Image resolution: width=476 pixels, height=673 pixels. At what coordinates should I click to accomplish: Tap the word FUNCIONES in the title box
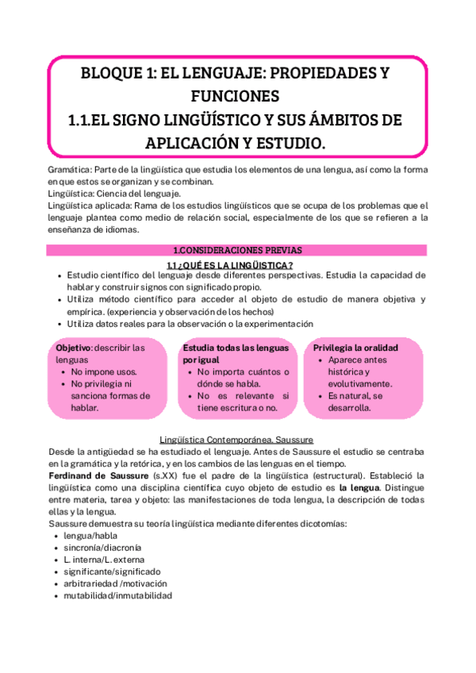(x=236, y=97)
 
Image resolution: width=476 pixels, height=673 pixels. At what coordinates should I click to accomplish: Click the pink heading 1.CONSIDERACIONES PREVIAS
(x=237, y=250)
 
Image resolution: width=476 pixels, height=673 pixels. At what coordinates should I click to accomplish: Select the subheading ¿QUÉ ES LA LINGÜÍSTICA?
(x=236, y=264)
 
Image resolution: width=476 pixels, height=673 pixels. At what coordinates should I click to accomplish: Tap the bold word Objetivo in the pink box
(x=73, y=348)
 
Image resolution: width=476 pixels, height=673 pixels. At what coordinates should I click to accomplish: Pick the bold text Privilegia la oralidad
(x=355, y=348)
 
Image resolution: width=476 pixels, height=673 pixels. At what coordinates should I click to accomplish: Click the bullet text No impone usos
(x=104, y=371)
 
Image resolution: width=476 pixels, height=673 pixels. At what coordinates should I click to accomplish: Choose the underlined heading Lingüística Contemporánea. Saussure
(x=237, y=439)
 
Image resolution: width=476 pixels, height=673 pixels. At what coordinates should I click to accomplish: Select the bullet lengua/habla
(x=91, y=536)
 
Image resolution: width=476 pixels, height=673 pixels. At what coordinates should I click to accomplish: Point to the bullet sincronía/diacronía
(x=103, y=548)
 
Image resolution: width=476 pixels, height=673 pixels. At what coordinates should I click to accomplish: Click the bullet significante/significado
(x=112, y=571)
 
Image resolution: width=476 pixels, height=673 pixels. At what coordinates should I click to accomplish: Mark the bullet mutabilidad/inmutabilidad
(x=117, y=595)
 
